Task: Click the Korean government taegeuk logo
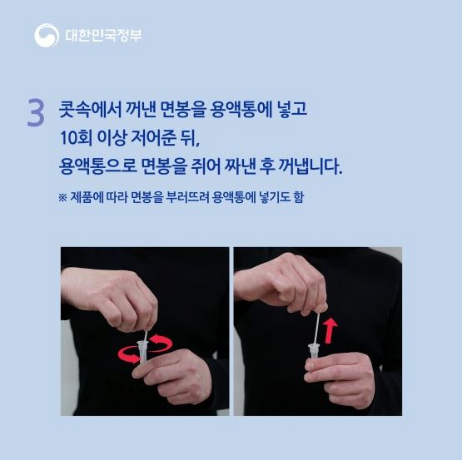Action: (47, 35)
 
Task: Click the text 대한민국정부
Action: (103, 36)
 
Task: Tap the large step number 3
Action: (36, 113)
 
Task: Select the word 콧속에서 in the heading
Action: (90, 109)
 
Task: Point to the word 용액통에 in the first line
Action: (241, 109)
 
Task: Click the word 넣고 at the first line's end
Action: (292, 109)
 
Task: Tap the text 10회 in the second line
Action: (76, 138)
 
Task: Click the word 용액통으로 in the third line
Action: (97, 166)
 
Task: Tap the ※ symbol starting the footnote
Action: (62, 198)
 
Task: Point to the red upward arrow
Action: (330, 330)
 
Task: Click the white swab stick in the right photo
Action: (316, 328)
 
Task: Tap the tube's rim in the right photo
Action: (315, 345)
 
